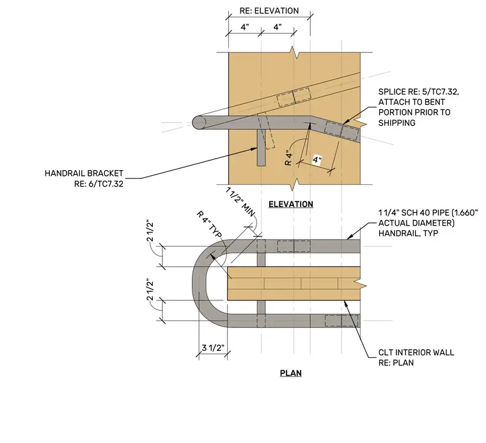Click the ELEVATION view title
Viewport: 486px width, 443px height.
[x=291, y=204]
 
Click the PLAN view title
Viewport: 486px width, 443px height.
[x=291, y=373]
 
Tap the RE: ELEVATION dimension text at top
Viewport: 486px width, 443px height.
[x=269, y=11]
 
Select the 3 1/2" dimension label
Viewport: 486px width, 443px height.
[x=213, y=348]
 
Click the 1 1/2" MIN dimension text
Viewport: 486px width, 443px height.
[x=240, y=202]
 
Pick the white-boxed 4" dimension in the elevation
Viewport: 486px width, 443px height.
[x=317, y=160]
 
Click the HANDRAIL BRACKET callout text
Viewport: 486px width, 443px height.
[x=84, y=173]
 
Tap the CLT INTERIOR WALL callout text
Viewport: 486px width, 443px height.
[x=416, y=352]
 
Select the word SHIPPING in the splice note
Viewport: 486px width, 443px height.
[x=396, y=123]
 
